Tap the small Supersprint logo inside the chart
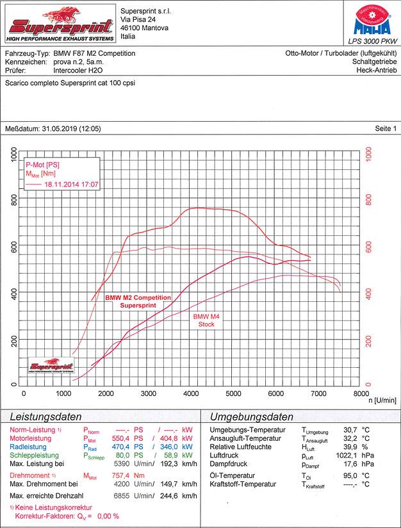pyautogui.click(x=52, y=366)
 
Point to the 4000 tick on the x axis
pyautogui.click(x=191, y=393)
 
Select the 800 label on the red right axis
pyautogui.click(x=368, y=199)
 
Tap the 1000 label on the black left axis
pyautogui.click(x=14, y=154)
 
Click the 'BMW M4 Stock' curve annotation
pyautogui.click(x=206, y=320)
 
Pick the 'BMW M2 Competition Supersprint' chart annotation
pyautogui.click(x=138, y=301)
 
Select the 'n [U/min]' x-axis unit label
pyautogui.click(x=382, y=400)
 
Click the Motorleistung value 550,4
pyautogui.click(x=121, y=438)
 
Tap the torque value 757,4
pyautogui.click(x=121, y=476)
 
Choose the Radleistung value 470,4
pyautogui.click(x=121, y=447)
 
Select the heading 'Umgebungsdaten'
pyautogui.click(x=252, y=417)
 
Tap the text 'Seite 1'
pyautogui.click(x=386, y=129)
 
